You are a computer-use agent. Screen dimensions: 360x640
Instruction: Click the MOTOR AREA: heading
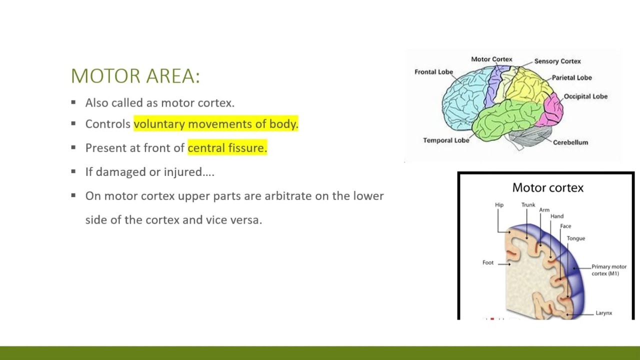tap(135, 76)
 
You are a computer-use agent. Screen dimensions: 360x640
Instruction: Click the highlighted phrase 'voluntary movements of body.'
tap(215, 124)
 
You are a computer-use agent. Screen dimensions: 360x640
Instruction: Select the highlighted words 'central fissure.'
tap(227, 148)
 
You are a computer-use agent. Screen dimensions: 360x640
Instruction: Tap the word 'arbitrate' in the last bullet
tap(288, 196)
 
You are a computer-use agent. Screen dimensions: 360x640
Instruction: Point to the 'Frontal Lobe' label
tap(433, 72)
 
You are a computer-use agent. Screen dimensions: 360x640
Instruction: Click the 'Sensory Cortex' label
tap(557, 61)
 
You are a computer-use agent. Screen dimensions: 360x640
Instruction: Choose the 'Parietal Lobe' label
tap(571, 78)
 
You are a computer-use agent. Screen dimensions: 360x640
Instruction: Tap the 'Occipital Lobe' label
tap(585, 96)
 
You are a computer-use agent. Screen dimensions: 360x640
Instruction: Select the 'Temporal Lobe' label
tap(446, 140)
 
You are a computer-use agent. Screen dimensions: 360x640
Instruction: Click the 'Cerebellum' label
tap(570, 142)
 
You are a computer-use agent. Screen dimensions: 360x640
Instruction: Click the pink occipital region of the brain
tap(553, 108)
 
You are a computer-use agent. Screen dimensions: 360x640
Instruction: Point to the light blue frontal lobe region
tap(462, 95)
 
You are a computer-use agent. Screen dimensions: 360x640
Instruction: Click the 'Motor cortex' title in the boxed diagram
tap(547, 188)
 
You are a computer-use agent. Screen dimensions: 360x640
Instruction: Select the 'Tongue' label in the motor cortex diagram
tap(575, 238)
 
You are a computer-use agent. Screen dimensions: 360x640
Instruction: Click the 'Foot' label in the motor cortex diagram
tap(487, 262)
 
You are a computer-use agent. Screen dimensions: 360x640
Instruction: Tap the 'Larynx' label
tap(603, 313)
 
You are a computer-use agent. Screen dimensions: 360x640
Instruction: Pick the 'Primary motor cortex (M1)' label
tap(608, 270)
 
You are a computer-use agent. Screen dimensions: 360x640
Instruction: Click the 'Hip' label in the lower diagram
tap(499, 205)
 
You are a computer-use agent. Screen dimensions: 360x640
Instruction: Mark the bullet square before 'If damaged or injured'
tap(73, 171)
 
